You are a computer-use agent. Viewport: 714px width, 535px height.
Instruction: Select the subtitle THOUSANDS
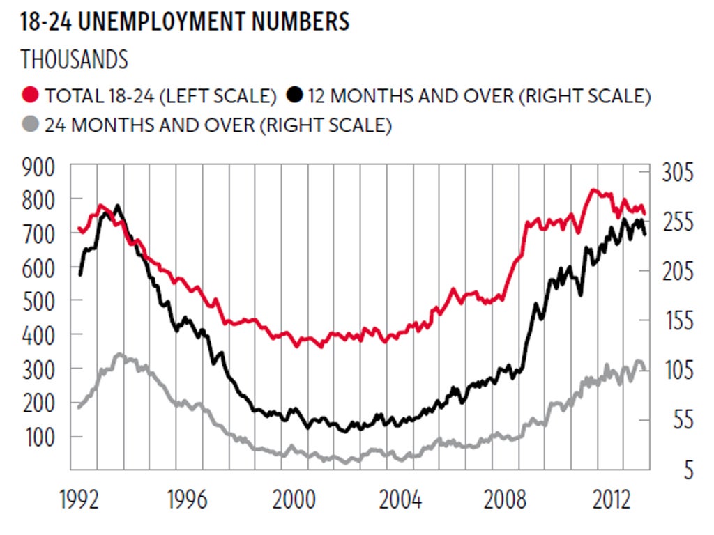tap(75, 59)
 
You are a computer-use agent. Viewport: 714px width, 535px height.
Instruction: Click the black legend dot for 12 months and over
tap(296, 95)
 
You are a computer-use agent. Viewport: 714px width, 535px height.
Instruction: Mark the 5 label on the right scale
tap(688, 471)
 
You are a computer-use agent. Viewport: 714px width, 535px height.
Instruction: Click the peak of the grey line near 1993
tap(119, 355)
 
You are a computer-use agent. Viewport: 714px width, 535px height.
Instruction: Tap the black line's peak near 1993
tap(117, 206)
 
